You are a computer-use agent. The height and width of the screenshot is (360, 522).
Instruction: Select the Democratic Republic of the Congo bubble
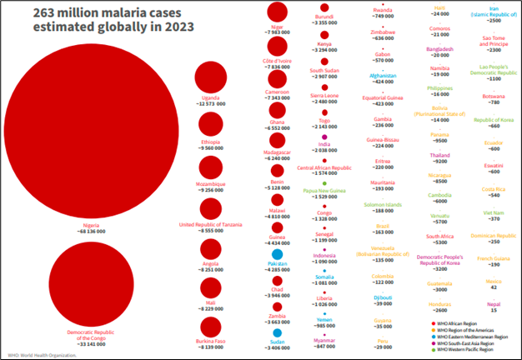coord(91,282)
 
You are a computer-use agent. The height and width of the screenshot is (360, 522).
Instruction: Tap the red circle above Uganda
coord(210,80)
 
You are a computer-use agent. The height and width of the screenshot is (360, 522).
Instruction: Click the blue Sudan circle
coord(277,335)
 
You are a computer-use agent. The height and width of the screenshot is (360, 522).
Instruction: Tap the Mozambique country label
coord(210,182)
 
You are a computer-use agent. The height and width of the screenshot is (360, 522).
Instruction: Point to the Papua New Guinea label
coord(323,190)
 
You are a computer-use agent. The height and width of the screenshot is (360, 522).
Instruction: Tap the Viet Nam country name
coord(494,212)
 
